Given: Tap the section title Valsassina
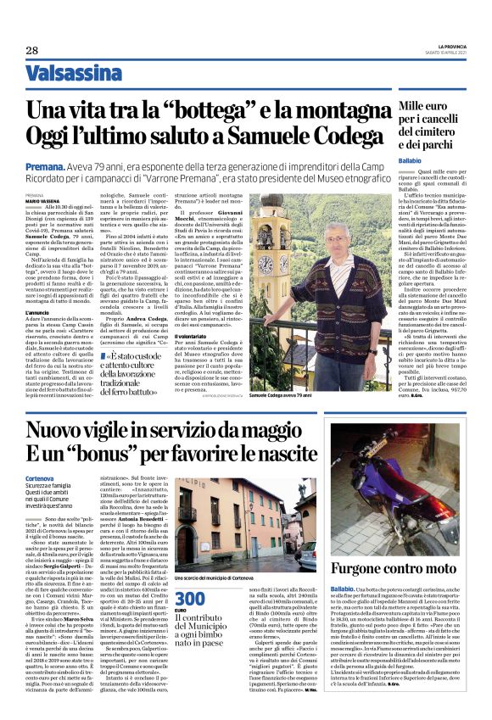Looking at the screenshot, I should point(74,74).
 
